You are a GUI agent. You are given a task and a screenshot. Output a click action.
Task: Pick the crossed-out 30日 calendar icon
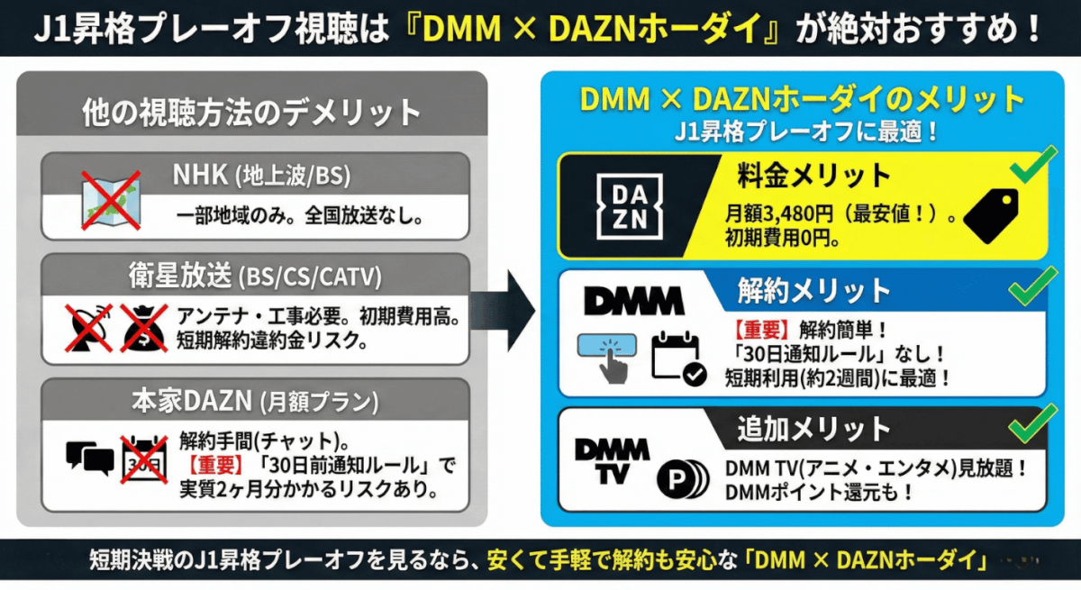[144, 457]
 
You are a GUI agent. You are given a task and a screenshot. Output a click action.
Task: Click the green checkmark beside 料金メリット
[1032, 167]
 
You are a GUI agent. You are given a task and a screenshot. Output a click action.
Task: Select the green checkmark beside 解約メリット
[1032, 286]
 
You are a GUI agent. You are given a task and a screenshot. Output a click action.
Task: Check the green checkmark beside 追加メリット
[1032, 422]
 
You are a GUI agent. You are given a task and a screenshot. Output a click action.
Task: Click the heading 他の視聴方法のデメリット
[251, 113]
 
